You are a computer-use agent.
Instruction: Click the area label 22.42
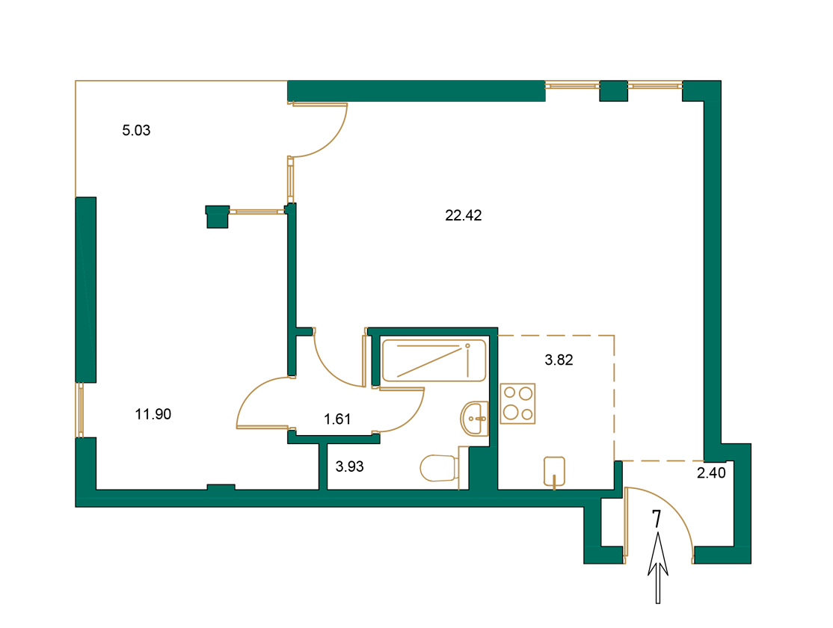(464, 216)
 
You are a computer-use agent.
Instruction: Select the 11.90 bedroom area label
(153, 413)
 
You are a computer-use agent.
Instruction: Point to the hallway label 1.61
(337, 419)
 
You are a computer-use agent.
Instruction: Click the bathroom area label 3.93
(349, 467)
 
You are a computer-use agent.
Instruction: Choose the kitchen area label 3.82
(559, 360)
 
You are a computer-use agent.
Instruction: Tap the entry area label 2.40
(711, 472)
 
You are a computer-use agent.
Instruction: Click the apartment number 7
(657, 519)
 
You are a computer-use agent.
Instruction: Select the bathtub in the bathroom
(433, 360)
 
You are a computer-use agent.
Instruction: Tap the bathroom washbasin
(474, 419)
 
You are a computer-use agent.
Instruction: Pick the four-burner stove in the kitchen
(517, 404)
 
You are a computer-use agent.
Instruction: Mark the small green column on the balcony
(216, 216)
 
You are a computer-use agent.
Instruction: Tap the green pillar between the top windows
(614, 90)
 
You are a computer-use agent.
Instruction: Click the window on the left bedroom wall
(79, 410)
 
